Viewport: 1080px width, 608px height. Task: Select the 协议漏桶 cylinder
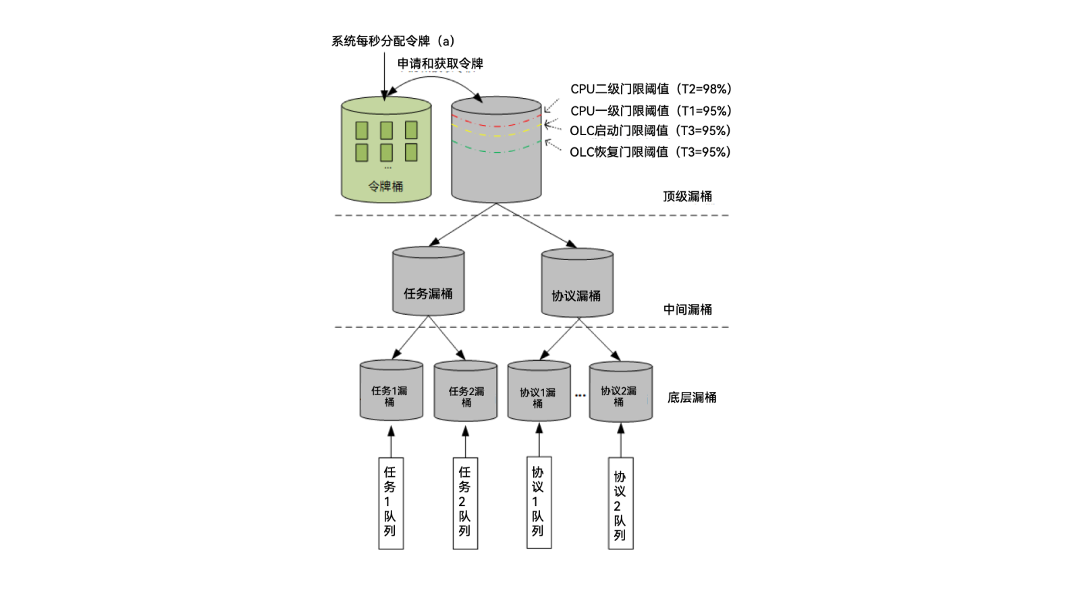[577, 283]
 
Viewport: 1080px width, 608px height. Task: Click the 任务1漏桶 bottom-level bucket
[391, 391]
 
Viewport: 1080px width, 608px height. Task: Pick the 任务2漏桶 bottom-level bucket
[465, 392]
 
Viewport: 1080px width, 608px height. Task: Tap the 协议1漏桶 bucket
[539, 392]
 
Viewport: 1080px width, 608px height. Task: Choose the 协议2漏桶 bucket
[620, 392]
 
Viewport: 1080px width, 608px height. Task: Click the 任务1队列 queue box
[390, 503]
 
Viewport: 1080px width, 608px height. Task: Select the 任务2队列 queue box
[464, 503]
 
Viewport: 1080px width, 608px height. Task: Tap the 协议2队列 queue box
[620, 503]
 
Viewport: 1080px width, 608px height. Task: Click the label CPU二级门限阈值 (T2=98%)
[651, 89]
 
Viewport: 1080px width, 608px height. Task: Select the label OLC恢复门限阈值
[649, 152]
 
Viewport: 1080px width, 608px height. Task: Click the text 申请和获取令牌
[440, 64]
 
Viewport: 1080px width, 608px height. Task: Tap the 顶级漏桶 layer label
[687, 197]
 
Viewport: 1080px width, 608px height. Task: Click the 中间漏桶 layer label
[687, 309]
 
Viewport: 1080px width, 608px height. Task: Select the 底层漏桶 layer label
[691, 397]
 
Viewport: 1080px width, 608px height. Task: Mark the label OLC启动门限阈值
[649, 130]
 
